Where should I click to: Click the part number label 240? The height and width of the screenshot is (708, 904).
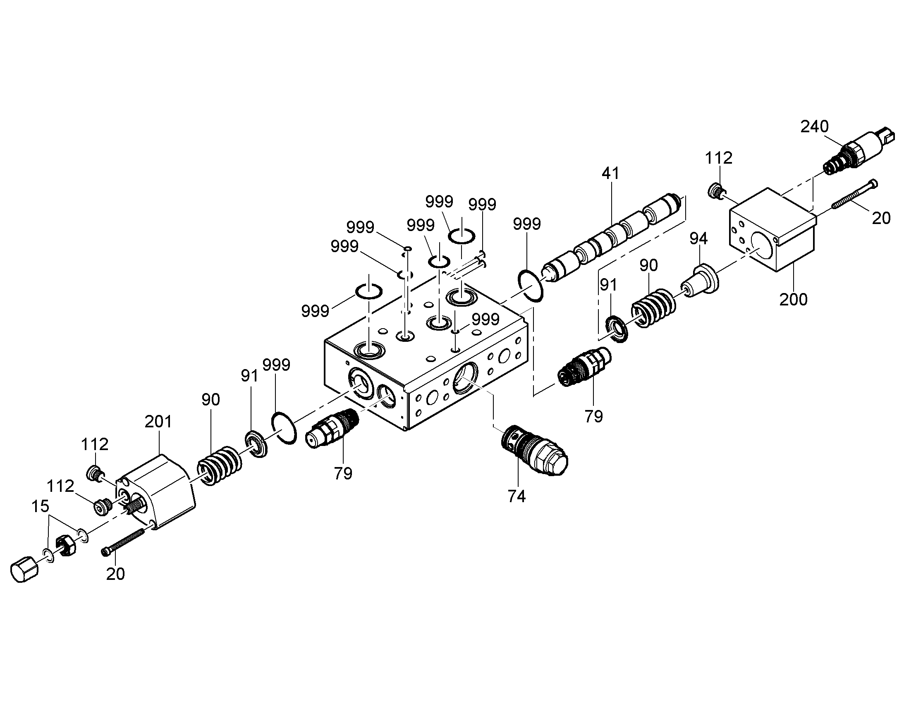click(x=814, y=126)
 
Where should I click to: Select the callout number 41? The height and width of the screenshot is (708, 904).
click(x=610, y=173)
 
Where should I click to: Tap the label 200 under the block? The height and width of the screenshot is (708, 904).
click(x=793, y=299)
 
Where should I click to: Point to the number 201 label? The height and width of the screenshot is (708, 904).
click(x=158, y=422)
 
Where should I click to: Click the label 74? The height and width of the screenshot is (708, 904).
click(x=517, y=496)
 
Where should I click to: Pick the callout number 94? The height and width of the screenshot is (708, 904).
click(x=698, y=238)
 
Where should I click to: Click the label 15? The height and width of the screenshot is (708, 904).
click(x=41, y=506)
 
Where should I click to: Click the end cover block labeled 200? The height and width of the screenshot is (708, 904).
click(x=772, y=230)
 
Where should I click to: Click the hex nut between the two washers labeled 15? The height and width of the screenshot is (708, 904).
click(x=66, y=546)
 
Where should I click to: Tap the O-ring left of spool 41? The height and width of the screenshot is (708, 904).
click(x=531, y=285)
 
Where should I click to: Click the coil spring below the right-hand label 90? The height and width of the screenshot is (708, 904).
click(x=653, y=308)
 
